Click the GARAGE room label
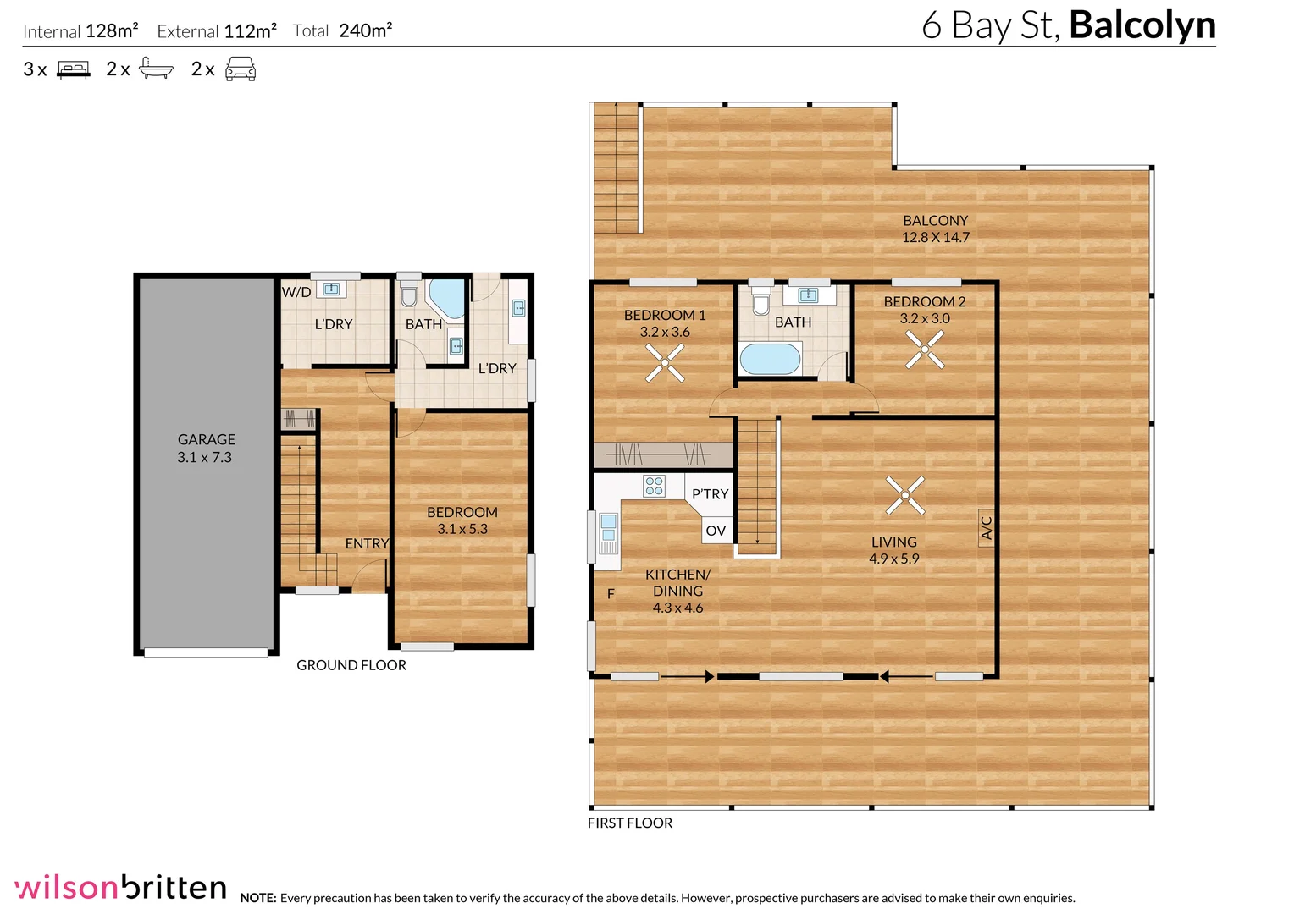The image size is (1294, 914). (207, 439)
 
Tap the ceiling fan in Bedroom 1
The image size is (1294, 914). (665, 363)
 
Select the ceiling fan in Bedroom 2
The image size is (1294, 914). (925, 350)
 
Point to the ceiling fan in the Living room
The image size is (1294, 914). (905, 495)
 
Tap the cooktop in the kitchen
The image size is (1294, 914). (654, 486)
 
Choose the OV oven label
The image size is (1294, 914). (716, 531)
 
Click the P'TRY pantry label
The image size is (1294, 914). (710, 494)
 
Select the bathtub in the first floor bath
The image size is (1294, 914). (770, 359)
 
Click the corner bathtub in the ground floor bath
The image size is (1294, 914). (447, 299)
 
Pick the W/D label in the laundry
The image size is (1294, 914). (296, 292)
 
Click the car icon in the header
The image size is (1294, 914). (241, 69)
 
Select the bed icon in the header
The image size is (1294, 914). (74, 69)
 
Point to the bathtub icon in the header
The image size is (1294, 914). (156, 69)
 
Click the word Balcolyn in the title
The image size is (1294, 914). (1142, 26)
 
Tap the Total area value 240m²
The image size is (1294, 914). (366, 30)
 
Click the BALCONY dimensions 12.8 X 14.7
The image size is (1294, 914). (936, 237)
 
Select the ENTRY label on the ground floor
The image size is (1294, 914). (367, 543)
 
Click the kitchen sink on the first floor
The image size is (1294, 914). (608, 533)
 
